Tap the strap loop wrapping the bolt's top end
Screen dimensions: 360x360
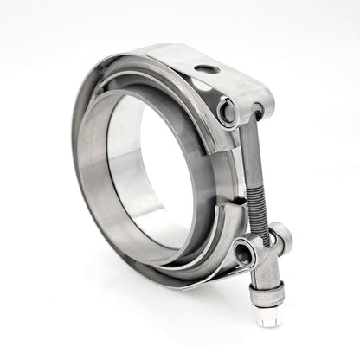pyautogui.click(x=260, y=108)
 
